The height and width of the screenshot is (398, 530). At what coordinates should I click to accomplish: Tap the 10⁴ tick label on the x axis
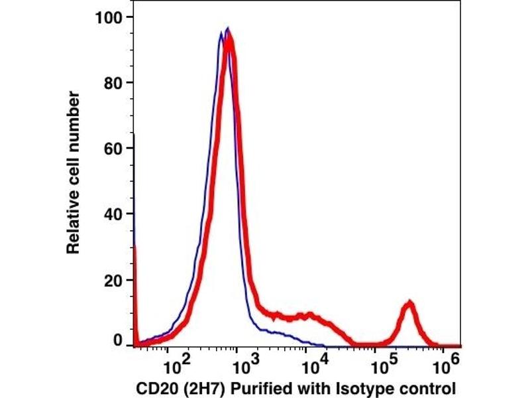[x=313, y=362]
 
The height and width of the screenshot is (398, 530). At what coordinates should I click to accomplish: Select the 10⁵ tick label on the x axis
[x=383, y=362]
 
